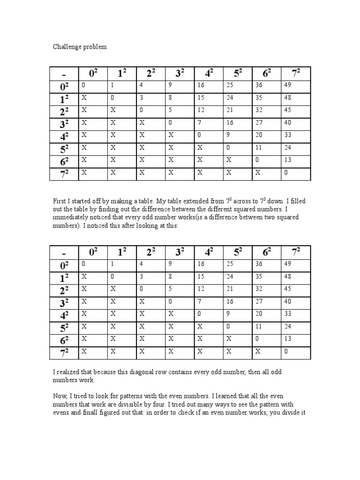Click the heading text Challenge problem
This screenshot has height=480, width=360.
[x=79, y=47]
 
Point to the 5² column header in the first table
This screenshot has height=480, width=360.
[x=238, y=74]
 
